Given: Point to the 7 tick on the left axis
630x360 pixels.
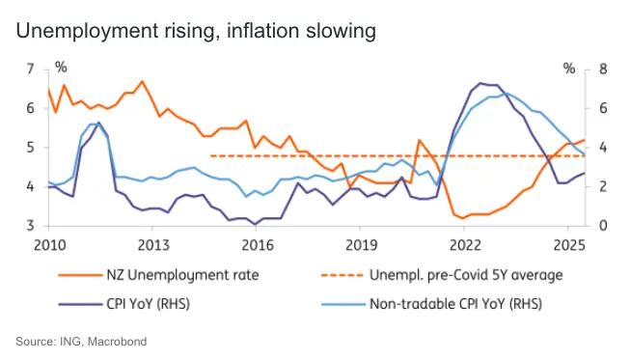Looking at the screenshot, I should [x=31, y=69].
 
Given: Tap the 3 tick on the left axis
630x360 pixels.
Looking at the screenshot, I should [x=31, y=226].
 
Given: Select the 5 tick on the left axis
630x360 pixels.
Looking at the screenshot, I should [x=31, y=148].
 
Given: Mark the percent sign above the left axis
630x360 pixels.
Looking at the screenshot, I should [x=61, y=68].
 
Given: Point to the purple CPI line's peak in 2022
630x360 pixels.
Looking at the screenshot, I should [x=480, y=83].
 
